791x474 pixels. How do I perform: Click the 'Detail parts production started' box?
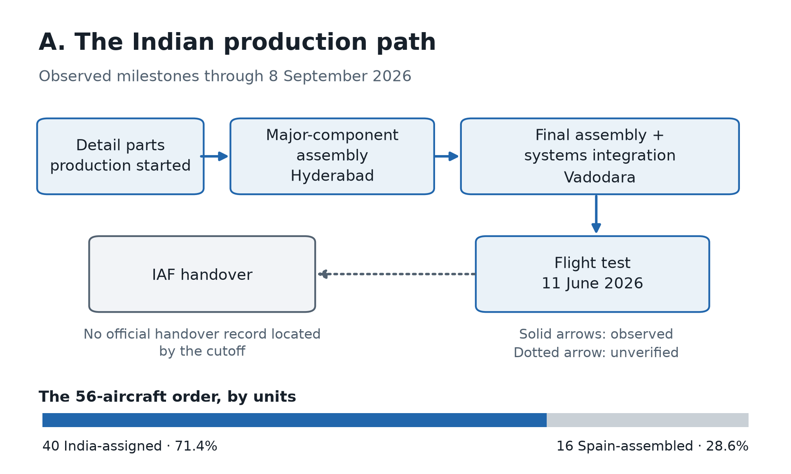point(120,156)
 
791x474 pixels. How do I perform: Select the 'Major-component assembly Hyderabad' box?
point(332,156)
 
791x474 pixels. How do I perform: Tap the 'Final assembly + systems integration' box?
point(600,156)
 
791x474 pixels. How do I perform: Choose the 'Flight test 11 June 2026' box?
point(592,274)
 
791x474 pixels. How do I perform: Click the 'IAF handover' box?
point(202,274)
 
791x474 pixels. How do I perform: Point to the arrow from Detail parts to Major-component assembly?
point(214,156)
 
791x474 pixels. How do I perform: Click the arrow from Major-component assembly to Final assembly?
point(446,156)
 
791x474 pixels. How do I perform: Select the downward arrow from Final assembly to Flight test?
point(596,214)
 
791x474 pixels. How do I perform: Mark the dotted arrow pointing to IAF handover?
point(397,274)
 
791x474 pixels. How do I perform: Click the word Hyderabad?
point(332,176)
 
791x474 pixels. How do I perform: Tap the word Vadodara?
point(599,178)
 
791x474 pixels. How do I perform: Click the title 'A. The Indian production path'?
point(237,42)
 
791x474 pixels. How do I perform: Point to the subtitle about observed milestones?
point(225,77)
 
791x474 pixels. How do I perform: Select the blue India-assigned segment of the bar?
point(295,420)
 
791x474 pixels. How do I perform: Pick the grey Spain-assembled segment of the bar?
point(648,420)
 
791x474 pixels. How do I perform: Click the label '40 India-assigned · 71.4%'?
point(130,446)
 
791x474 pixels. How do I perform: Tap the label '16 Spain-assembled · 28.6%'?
point(653,446)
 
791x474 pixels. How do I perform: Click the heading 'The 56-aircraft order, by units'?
point(167,397)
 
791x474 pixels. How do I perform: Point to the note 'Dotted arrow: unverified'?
point(596,353)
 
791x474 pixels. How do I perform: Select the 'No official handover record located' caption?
point(202,334)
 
